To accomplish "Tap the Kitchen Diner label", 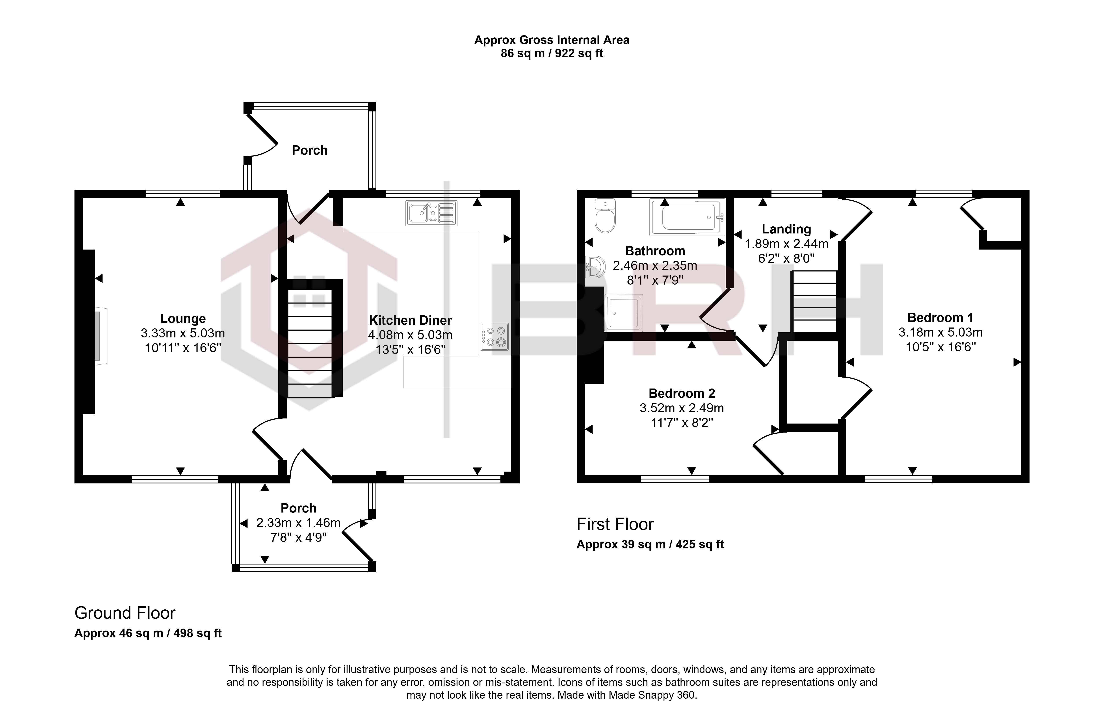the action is [x=410, y=320].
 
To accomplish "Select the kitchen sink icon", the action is [x=431, y=213].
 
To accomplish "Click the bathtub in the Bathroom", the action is [x=687, y=217].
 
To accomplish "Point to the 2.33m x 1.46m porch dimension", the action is [x=298, y=523].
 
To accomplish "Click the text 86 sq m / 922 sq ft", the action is [x=552, y=54].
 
